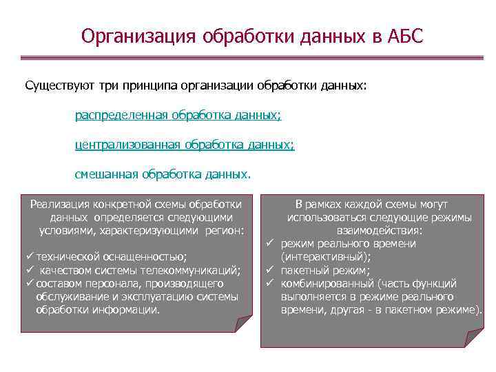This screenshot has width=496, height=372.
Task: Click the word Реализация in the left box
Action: pyautogui.click(x=61, y=204)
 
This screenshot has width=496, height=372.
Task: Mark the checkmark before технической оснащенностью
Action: pyautogui.click(x=30, y=256)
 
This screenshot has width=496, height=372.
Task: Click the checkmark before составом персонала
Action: pyautogui.click(x=30, y=283)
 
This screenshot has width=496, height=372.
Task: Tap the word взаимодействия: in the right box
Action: pyautogui.click(x=379, y=230)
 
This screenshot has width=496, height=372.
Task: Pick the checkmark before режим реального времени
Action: pyautogui.click(x=271, y=243)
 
